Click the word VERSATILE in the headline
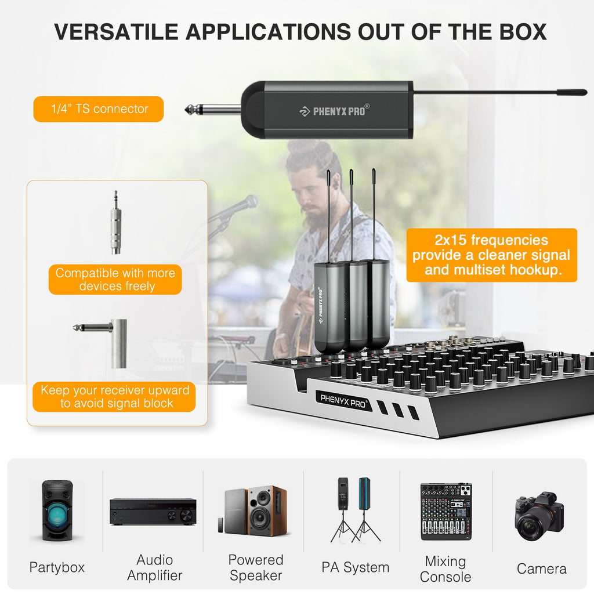pyautogui.click(x=116, y=32)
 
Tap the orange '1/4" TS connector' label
pyautogui.click(x=99, y=109)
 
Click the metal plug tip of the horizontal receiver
pyautogui.click(x=190, y=110)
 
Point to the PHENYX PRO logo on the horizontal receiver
pyautogui.click(x=334, y=111)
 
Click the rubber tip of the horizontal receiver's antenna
pyautogui.click(x=571, y=92)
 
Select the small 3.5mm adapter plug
pyautogui.click(x=116, y=223)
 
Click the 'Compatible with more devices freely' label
pyautogui.click(x=115, y=280)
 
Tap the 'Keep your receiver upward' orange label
pyautogui.click(x=114, y=397)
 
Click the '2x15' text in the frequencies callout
pyautogui.click(x=450, y=240)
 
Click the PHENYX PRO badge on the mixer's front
pyautogui.click(x=343, y=401)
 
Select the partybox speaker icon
pyautogui.click(x=57, y=510)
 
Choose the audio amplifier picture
pyautogui.click(x=153, y=512)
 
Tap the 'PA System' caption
pyautogui.click(x=356, y=567)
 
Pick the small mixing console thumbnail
pyautogui.click(x=446, y=512)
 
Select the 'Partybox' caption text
pyautogui.click(x=57, y=567)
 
